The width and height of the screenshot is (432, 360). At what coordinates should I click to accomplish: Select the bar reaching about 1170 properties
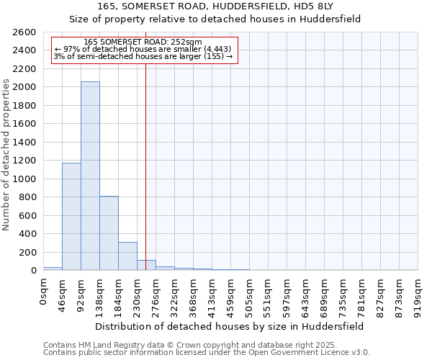71,217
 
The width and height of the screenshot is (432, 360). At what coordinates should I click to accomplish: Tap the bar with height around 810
109,233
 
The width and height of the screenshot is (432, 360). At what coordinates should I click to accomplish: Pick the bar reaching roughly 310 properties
127,256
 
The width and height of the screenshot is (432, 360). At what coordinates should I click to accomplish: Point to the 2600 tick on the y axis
26,32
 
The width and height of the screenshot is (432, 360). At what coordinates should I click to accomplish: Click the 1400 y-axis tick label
26,143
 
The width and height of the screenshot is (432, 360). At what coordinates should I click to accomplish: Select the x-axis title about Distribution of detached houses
230,326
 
